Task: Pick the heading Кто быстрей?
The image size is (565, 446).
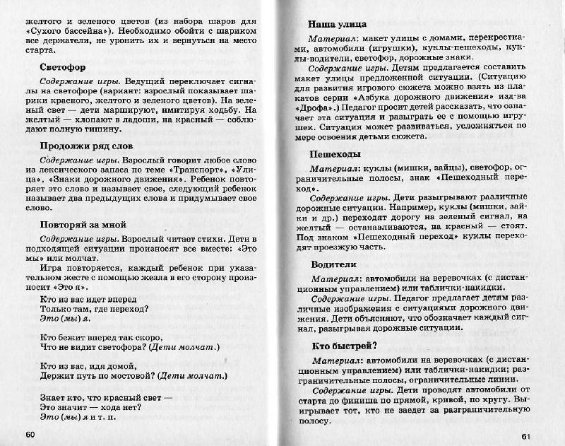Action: coord(344,346)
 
